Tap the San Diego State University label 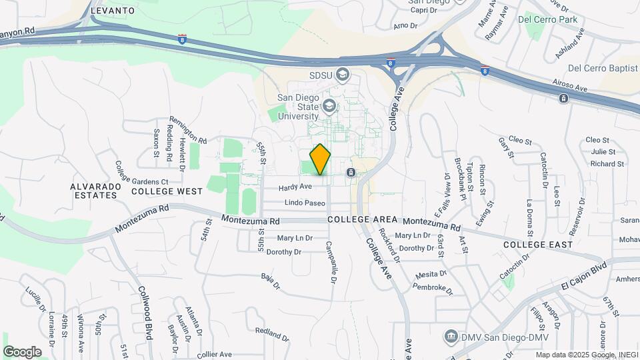[x=299, y=106]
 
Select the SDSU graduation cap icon [x=343, y=74]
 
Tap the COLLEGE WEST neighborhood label [x=167, y=191]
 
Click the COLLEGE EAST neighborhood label [x=538, y=245]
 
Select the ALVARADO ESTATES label [x=94, y=191]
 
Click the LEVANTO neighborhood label [x=112, y=11]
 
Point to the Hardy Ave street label [x=295, y=187]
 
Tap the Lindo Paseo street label [x=305, y=203]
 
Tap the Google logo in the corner [x=22, y=352]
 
